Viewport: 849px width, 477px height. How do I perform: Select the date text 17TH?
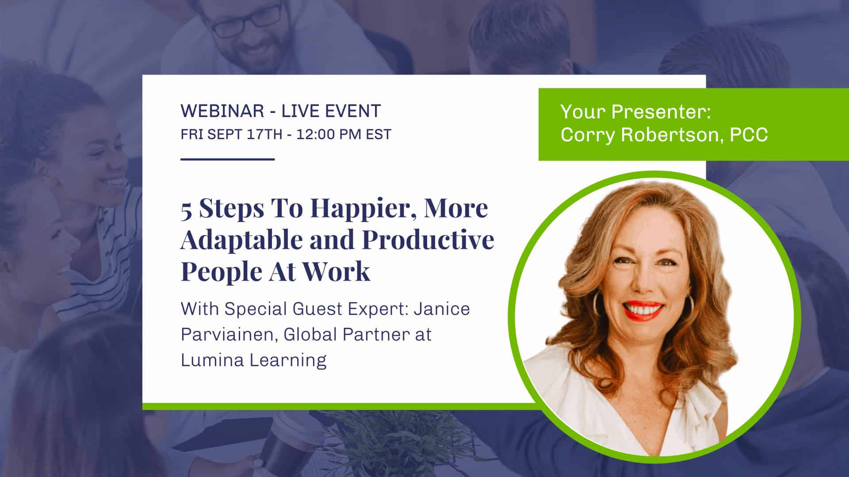[264, 134]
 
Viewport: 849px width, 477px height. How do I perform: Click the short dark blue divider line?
[228, 159]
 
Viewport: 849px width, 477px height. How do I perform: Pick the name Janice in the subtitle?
[442, 309]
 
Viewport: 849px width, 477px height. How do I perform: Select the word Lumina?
[212, 360]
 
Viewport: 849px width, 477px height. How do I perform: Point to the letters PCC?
[749, 135]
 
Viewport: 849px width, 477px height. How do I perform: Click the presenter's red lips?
[644, 310]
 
